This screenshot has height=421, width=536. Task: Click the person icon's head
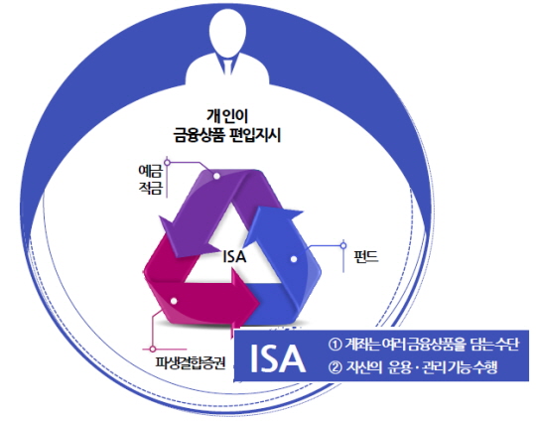(x=227, y=30)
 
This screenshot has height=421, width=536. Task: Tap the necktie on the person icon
(x=227, y=64)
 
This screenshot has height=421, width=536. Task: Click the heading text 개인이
(x=227, y=116)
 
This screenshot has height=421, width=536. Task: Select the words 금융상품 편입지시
(x=227, y=134)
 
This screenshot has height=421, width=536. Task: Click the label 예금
(x=150, y=172)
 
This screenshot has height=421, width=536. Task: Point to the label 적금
(x=150, y=188)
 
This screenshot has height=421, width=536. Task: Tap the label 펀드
(x=366, y=256)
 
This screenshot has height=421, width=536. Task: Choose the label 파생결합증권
(x=191, y=363)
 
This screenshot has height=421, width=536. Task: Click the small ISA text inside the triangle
(x=234, y=256)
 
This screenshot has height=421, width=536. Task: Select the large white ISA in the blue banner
(x=278, y=358)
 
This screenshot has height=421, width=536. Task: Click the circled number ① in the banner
(x=335, y=345)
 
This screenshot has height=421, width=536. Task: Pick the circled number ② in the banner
(x=335, y=367)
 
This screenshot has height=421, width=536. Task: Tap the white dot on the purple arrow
(x=216, y=176)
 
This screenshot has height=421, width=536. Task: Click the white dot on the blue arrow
(x=294, y=259)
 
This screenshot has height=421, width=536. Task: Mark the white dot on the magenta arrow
(x=174, y=301)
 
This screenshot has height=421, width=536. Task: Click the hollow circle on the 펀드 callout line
(x=343, y=245)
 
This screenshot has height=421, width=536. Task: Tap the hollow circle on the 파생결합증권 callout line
(x=153, y=350)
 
